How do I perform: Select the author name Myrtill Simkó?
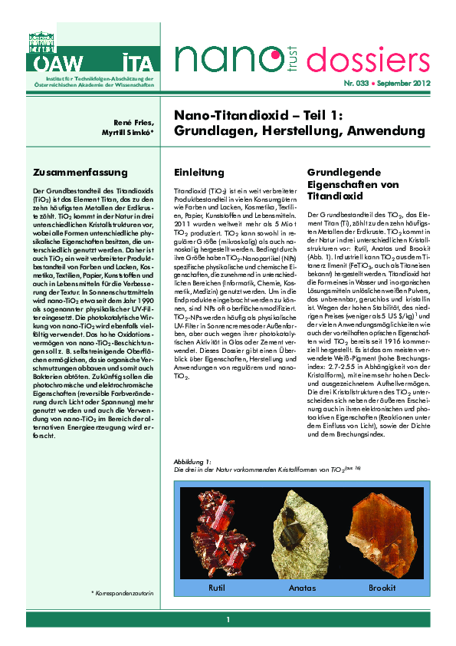coord(136,134)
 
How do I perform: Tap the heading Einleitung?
coord(198,173)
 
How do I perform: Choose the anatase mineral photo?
coord(301,529)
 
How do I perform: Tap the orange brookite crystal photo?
coord(381,529)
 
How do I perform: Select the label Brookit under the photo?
coord(382,588)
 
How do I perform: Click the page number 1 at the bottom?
coord(228,619)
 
